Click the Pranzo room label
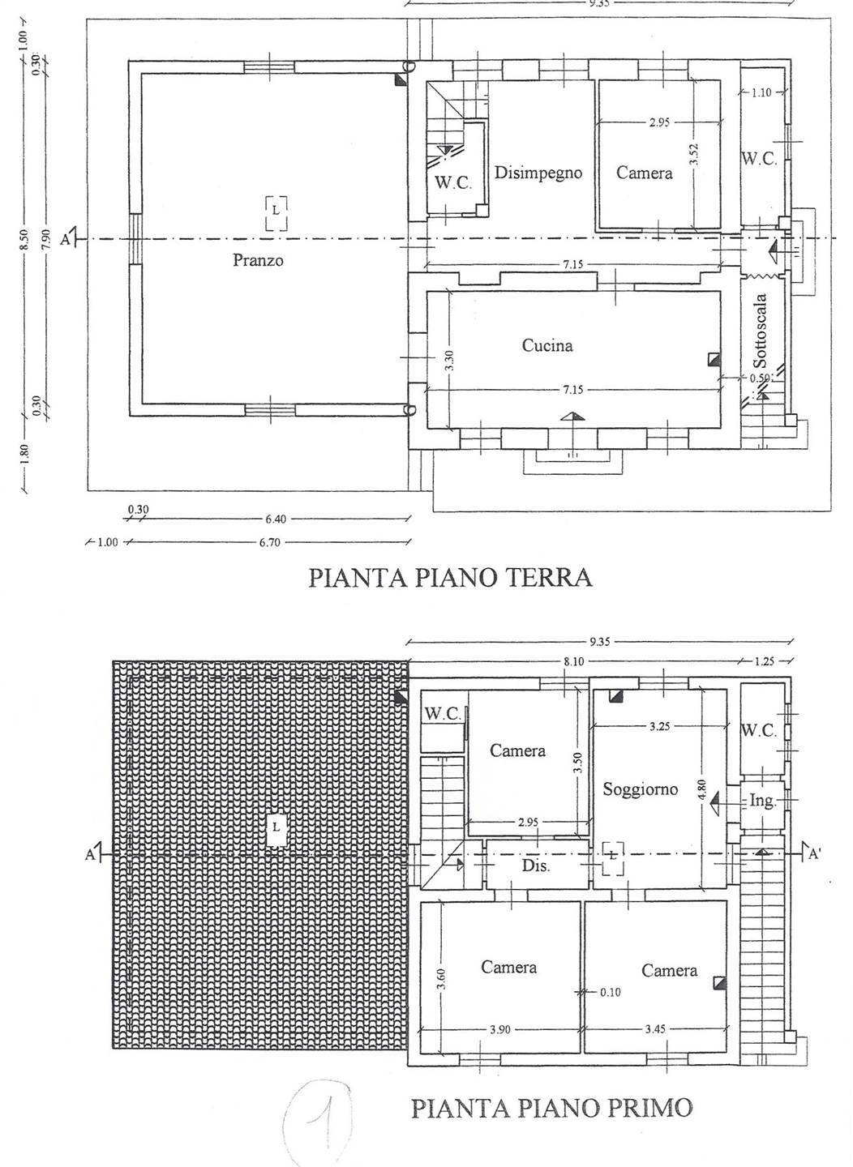coord(258,261)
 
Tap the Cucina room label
coord(547,346)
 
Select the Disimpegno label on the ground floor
coord(538,173)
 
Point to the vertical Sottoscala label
coord(761,332)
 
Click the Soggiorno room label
coord(640,789)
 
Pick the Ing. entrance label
coord(761,801)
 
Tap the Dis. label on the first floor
coord(536,866)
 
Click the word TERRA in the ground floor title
coord(547,578)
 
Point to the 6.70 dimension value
coord(269,542)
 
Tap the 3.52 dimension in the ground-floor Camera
coord(695,155)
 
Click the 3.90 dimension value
coord(500,1029)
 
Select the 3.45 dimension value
coord(656,1029)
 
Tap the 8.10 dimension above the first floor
coord(572,662)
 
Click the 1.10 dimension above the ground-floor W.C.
coord(761,93)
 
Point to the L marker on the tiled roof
coord(276,827)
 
